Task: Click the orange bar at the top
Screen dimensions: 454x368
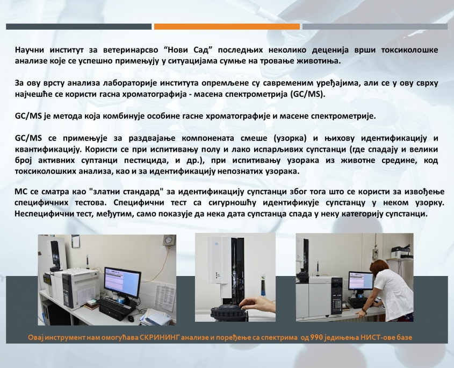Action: (x=227, y=27)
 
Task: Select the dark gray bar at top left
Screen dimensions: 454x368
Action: (x=78, y=27)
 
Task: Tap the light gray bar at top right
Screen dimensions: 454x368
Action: (x=375, y=27)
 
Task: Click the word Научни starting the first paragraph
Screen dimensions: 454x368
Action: (x=29, y=50)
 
